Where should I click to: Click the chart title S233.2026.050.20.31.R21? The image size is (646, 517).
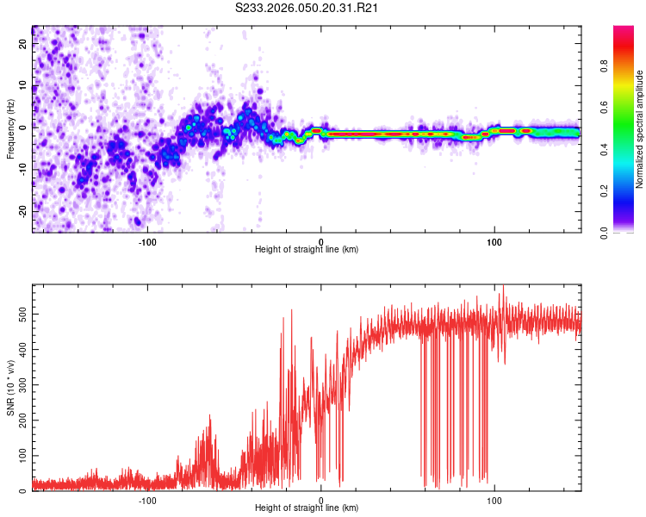[307, 8]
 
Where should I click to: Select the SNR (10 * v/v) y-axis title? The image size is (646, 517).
[10, 388]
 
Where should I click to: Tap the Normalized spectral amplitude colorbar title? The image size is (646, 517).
[640, 129]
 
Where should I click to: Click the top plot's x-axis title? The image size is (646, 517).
[307, 249]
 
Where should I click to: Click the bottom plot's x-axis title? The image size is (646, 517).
[307, 508]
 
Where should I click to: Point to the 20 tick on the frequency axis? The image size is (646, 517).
[23, 45]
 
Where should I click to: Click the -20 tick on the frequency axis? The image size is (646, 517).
[22, 211]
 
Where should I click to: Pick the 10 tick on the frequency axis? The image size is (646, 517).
[23, 87]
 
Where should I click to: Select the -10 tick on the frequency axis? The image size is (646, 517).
[22, 170]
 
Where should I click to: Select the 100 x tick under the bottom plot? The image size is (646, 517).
[494, 499]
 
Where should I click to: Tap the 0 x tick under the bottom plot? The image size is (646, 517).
[321, 499]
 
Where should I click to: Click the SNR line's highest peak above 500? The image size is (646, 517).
[503, 287]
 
